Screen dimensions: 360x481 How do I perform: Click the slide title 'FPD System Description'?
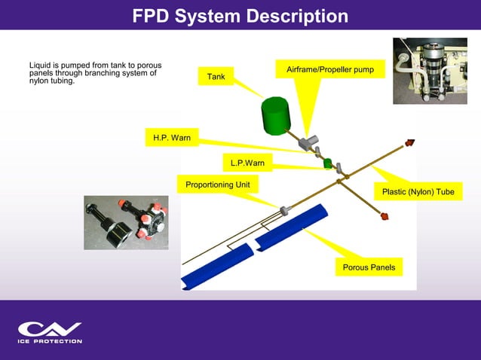pyautogui.click(x=240, y=16)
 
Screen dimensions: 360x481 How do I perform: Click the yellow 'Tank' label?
pyautogui.click(x=216, y=77)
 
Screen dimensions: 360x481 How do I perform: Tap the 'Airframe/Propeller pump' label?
pyautogui.click(x=335, y=69)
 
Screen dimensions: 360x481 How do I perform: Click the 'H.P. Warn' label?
pyautogui.click(x=172, y=138)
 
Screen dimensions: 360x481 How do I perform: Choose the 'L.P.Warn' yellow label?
pyautogui.click(x=247, y=163)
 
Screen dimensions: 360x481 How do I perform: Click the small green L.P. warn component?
pyautogui.click(x=328, y=163)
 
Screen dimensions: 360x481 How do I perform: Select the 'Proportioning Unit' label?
pyautogui.click(x=217, y=185)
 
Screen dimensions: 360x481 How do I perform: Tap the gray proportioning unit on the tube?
pyautogui.click(x=285, y=210)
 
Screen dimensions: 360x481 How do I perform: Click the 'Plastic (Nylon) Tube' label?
pyautogui.click(x=418, y=192)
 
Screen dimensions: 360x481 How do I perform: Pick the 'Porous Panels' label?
pyautogui.click(x=369, y=267)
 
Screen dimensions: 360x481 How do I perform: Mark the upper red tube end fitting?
pyautogui.click(x=411, y=141)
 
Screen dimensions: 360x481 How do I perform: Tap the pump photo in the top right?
pyautogui.click(x=430, y=72)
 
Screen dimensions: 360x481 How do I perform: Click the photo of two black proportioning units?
pyautogui.click(x=126, y=223)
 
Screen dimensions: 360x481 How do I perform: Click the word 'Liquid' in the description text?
pyautogui.click(x=41, y=66)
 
